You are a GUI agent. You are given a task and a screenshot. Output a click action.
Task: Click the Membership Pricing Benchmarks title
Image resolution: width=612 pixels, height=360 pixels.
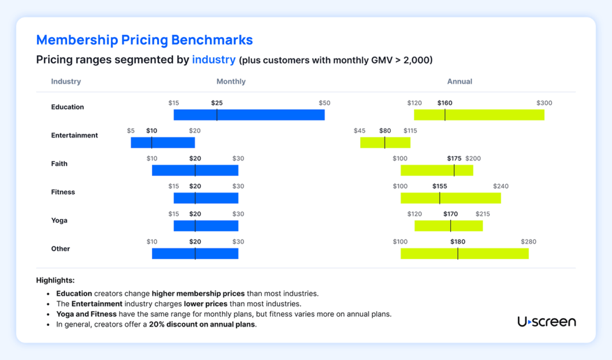pos(144,40)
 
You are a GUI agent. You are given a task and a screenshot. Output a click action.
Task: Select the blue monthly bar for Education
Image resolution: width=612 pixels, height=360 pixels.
pos(249,115)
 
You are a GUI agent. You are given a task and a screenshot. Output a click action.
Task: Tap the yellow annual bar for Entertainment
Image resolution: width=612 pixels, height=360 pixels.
pos(385,143)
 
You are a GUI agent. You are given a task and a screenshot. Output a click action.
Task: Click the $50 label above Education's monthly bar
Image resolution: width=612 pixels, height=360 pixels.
pos(324,103)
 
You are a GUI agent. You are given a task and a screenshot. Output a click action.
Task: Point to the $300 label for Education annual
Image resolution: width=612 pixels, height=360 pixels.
pos(544,103)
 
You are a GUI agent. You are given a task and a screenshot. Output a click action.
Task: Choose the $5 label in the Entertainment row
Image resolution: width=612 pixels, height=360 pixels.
pos(131,131)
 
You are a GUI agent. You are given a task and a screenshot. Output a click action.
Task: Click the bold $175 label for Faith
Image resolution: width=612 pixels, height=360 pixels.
pos(454,159)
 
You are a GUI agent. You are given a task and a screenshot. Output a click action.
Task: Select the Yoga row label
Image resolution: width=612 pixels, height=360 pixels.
pos(59,220)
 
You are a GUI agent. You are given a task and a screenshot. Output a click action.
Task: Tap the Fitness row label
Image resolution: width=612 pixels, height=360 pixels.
pos(63,192)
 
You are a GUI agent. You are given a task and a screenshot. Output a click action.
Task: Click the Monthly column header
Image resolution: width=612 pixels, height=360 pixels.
pos(231,82)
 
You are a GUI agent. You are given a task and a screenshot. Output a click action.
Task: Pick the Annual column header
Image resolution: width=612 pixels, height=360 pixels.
pos(459,82)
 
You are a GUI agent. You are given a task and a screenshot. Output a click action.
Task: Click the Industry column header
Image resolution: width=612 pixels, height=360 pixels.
pos(66,82)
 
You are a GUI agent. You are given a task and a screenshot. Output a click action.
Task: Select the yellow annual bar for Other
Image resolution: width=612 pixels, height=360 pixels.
pos(465,254)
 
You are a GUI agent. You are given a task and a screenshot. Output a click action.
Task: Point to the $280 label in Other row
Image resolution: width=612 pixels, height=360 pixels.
pos(528,242)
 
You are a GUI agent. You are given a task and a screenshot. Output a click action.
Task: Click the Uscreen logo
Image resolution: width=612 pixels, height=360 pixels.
pos(546,322)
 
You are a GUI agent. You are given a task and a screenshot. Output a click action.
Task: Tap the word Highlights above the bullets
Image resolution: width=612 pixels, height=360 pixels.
pos(55,281)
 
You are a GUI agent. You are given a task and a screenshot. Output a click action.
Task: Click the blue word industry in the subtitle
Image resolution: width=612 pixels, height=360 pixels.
pos(213,60)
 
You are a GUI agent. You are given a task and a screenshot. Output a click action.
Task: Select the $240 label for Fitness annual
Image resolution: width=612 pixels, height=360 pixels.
pos(501,187)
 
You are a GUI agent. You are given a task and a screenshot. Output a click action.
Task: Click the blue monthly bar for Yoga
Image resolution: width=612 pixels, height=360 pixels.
pos(206,226)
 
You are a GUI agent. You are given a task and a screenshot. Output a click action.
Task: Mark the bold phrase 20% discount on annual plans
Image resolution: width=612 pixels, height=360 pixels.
pos(202,325)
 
